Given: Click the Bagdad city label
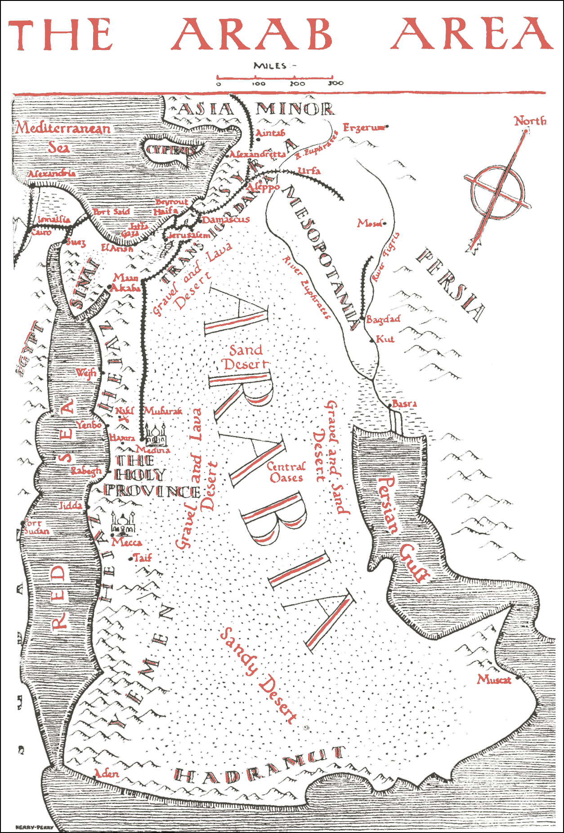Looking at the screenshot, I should point(383,319).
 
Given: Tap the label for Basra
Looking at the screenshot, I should point(404,404).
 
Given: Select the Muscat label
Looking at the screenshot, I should point(494,680).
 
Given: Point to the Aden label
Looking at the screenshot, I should point(107,774).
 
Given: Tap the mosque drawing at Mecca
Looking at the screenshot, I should point(123,523).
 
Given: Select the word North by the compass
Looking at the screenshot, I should point(530,121).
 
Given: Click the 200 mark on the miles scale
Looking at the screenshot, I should point(297,83).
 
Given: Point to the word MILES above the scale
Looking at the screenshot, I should point(270,66).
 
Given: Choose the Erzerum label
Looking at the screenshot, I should point(363,127).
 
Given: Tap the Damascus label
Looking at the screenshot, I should point(225,220).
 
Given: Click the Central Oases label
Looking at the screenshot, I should point(286,472).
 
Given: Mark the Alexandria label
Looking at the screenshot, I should point(52,173).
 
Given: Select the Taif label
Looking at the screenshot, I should point(143,558).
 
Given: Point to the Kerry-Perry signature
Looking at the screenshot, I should point(34,827).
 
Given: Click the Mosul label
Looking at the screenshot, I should point(370,223).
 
